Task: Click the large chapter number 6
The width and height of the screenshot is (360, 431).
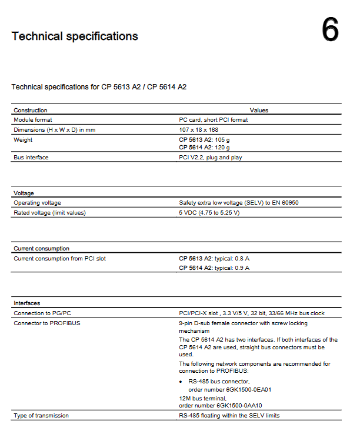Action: [x=330, y=30]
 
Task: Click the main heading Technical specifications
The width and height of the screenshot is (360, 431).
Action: [x=75, y=36]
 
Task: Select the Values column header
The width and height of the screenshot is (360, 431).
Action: [x=259, y=110]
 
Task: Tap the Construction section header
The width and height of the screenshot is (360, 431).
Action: [x=31, y=110]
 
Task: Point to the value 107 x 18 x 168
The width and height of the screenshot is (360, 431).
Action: [x=198, y=129]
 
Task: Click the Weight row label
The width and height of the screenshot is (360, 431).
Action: [x=23, y=139]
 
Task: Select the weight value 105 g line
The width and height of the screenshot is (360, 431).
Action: [x=205, y=139]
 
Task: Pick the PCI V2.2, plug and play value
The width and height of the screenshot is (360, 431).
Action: [x=210, y=158]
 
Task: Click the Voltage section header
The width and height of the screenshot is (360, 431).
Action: [x=24, y=193]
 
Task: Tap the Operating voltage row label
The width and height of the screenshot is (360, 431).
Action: [x=37, y=202]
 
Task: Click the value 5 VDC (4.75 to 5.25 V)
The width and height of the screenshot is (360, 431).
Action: [x=209, y=212]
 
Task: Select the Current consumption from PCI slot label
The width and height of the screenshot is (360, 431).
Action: [x=59, y=258]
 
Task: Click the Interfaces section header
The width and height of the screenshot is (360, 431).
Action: [x=26, y=303]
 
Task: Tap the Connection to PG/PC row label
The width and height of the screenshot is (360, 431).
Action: [x=42, y=313]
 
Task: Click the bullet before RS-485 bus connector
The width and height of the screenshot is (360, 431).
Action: [x=182, y=382]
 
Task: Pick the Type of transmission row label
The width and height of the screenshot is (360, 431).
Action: [x=41, y=415]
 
